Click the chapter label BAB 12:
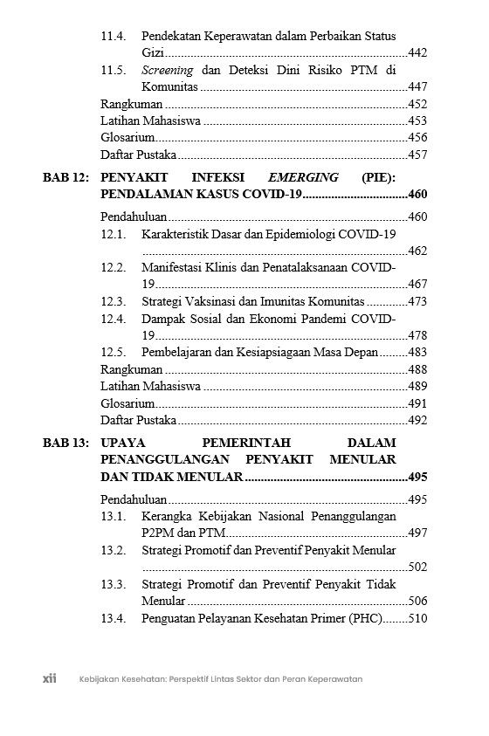(65, 177)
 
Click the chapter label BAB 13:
(65, 443)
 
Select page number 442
(417, 53)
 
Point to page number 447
(417, 86)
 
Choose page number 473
(417, 301)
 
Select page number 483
(417, 352)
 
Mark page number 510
(417, 618)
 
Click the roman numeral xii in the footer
(50, 678)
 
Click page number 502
(417, 567)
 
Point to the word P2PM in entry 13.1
(157, 533)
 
